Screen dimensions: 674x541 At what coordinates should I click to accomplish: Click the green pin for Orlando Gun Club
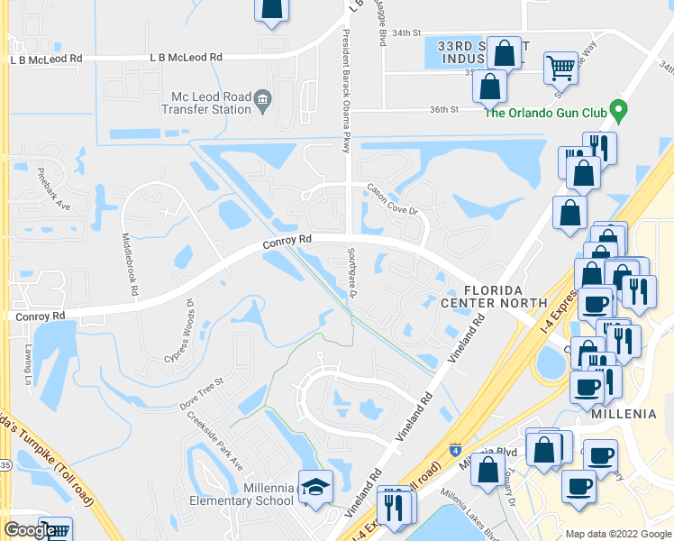click(x=617, y=112)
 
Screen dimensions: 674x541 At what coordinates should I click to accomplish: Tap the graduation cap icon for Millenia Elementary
click(x=315, y=488)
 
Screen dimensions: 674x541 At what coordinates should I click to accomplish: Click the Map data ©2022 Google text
click(x=617, y=534)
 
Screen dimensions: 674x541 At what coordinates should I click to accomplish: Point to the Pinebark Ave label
click(x=53, y=188)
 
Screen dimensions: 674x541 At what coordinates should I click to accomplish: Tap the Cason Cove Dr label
click(x=393, y=199)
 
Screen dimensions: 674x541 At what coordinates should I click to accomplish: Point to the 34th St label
click(x=406, y=32)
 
